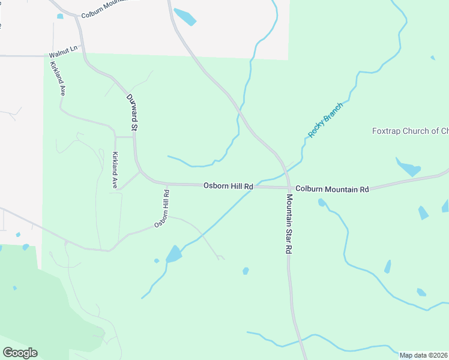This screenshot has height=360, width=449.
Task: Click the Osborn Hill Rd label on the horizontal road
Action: [228, 186]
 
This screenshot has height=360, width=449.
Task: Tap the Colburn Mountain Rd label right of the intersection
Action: [332, 188]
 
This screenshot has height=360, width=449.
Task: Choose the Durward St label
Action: [133, 112]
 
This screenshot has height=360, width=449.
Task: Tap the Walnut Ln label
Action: [64, 54]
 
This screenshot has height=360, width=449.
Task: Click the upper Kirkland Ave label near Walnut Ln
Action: [58, 79]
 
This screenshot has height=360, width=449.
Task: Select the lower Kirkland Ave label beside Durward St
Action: [114, 170]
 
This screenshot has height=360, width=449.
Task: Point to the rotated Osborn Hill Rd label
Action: [162, 209]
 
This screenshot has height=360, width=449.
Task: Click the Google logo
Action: [20, 353]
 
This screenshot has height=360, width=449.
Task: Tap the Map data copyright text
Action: [424, 355]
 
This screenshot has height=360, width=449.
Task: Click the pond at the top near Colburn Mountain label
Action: [184, 16]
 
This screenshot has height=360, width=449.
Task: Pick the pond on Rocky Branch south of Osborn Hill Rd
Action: [173, 254]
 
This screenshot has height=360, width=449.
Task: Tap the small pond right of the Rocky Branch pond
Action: [246, 271]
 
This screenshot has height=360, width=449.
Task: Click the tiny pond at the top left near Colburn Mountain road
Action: [60, 16]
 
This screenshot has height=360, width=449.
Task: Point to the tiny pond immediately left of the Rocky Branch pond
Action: [157, 260]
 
